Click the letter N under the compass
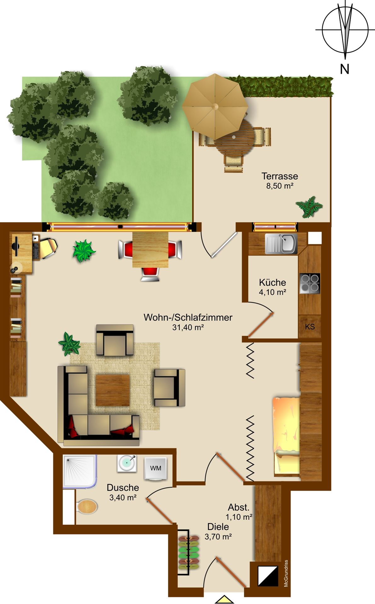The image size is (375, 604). tap(345, 69)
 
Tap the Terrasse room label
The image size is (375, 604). tap(280, 176)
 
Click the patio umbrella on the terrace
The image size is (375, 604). tap(215, 107)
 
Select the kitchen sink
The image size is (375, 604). tap(281, 244)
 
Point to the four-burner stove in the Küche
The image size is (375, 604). tap(310, 283)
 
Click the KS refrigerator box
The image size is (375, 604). tap(310, 327)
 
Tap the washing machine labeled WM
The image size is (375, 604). tap(155, 468)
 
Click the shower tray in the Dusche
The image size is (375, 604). tap(80, 471)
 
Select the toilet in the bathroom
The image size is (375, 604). tap(87, 507)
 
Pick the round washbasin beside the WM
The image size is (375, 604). tap(127, 463)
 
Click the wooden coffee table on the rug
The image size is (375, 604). tap(113, 390)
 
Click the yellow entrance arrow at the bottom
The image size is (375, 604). tap(224, 599)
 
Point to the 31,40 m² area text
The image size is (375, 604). tap(188, 327)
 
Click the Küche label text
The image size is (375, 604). tap(272, 282)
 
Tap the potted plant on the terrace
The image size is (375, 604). tap(309, 207)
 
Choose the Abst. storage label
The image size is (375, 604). tap(239, 507)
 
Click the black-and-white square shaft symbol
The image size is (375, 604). tap(268, 576)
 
